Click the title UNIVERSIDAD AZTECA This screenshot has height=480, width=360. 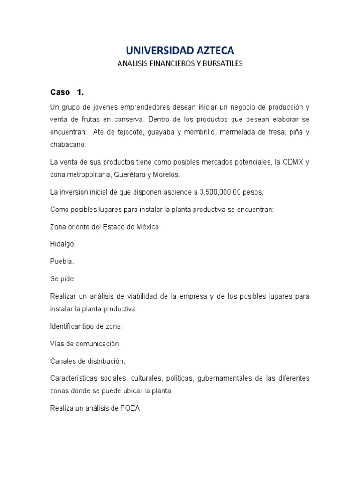(x=180, y=51)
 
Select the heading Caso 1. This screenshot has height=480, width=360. (x=67, y=92)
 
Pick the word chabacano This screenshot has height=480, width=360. (x=67, y=145)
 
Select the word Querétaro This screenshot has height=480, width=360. (x=123, y=174)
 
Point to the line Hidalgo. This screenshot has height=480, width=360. (x=63, y=244)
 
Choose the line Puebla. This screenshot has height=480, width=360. (x=62, y=261)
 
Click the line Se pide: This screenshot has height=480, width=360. (x=63, y=278)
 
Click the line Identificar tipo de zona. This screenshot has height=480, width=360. (x=87, y=326)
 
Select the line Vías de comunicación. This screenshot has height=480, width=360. (x=85, y=344)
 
